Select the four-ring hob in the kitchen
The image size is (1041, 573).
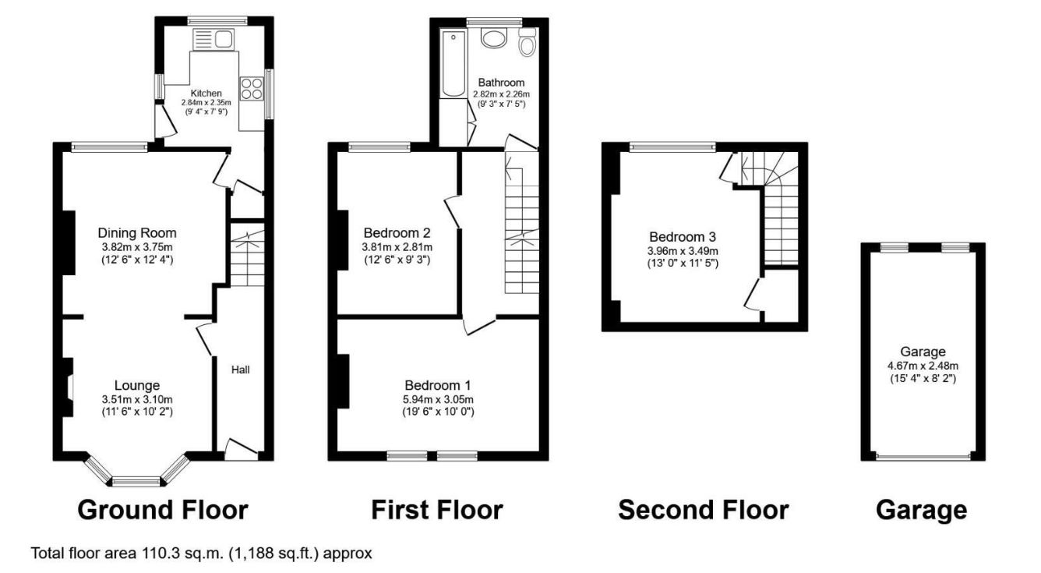(x=252, y=89)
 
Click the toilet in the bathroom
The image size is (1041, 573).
(x=528, y=44)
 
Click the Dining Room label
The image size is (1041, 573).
(x=137, y=232)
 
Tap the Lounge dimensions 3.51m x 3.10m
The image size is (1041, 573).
(x=137, y=399)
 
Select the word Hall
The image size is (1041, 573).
(x=240, y=370)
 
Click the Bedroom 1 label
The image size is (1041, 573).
(x=437, y=385)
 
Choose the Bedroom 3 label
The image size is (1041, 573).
(x=683, y=237)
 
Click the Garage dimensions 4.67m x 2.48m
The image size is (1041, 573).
(x=923, y=366)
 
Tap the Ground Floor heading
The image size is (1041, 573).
(x=163, y=510)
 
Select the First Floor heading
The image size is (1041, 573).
(x=436, y=510)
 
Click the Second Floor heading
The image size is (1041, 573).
(x=703, y=510)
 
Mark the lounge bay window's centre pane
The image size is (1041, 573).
(x=136, y=481)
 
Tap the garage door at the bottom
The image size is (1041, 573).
(x=923, y=457)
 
